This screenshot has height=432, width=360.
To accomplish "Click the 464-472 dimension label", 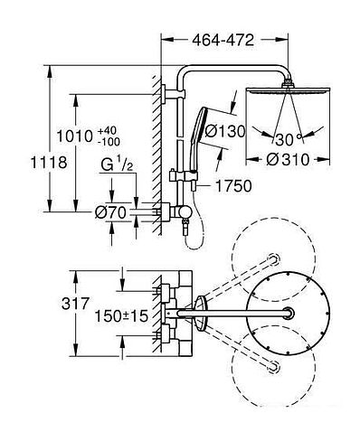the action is click(x=223, y=40).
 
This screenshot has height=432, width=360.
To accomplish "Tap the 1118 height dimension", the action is click(x=49, y=163).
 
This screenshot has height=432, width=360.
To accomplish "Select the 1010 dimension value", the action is click(x=75, y=136).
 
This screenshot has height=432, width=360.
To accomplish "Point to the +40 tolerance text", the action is click(x=107, y=131).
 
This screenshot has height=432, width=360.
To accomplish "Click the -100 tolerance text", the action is click(x=109, y=141).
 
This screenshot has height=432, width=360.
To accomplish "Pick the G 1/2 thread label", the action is click(x=117, y=164).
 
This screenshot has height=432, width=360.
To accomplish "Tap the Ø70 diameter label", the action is click(x=110, y=213).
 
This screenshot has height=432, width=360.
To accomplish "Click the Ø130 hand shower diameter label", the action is click(x=224, y=132).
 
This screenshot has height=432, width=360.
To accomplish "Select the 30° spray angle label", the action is click(x=289, y=139).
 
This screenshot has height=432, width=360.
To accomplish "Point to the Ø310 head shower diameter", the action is click(x=288, y=159).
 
